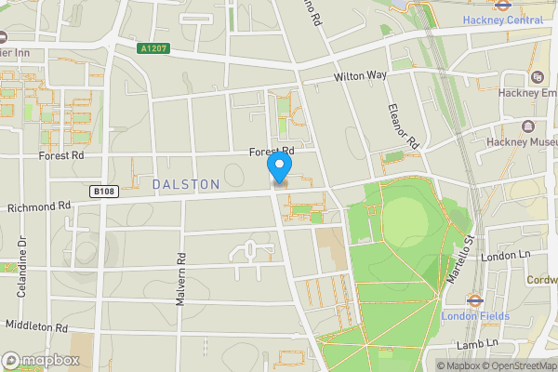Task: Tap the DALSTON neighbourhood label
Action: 186,185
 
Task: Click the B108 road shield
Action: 105,191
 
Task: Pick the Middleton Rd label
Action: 36,326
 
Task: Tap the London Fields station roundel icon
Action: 472,300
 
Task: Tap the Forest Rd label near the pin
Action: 271,151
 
